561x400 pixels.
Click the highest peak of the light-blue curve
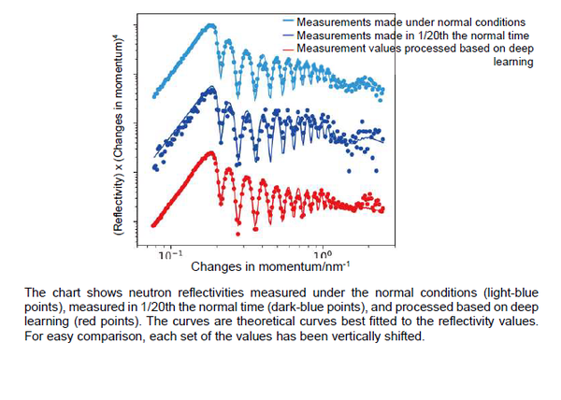click(x=210, y=25)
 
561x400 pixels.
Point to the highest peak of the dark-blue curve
click(x=212, y=88)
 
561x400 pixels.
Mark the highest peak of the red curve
click(x=210, y=152)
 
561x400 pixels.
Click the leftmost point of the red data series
click(x=152, y=222)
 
